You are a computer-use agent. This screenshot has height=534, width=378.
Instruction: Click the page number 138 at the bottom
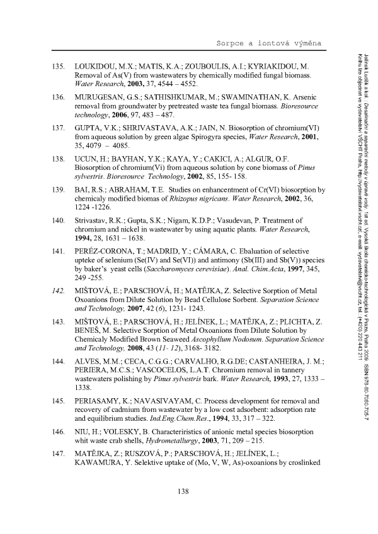[x=184, y=491]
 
